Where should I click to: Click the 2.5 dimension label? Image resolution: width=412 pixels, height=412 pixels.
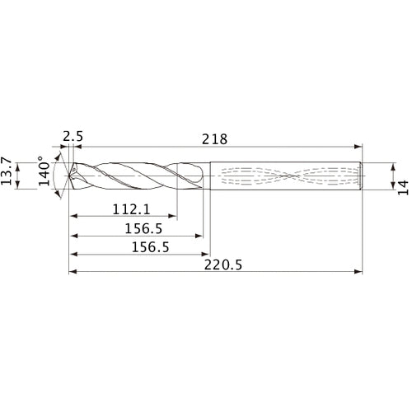point(72,135)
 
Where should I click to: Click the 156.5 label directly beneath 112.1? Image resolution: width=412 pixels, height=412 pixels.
point(136,228)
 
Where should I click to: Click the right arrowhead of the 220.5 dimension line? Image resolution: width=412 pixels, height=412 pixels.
point(360,271)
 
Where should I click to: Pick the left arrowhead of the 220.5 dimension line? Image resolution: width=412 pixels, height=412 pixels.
point(71,271)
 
